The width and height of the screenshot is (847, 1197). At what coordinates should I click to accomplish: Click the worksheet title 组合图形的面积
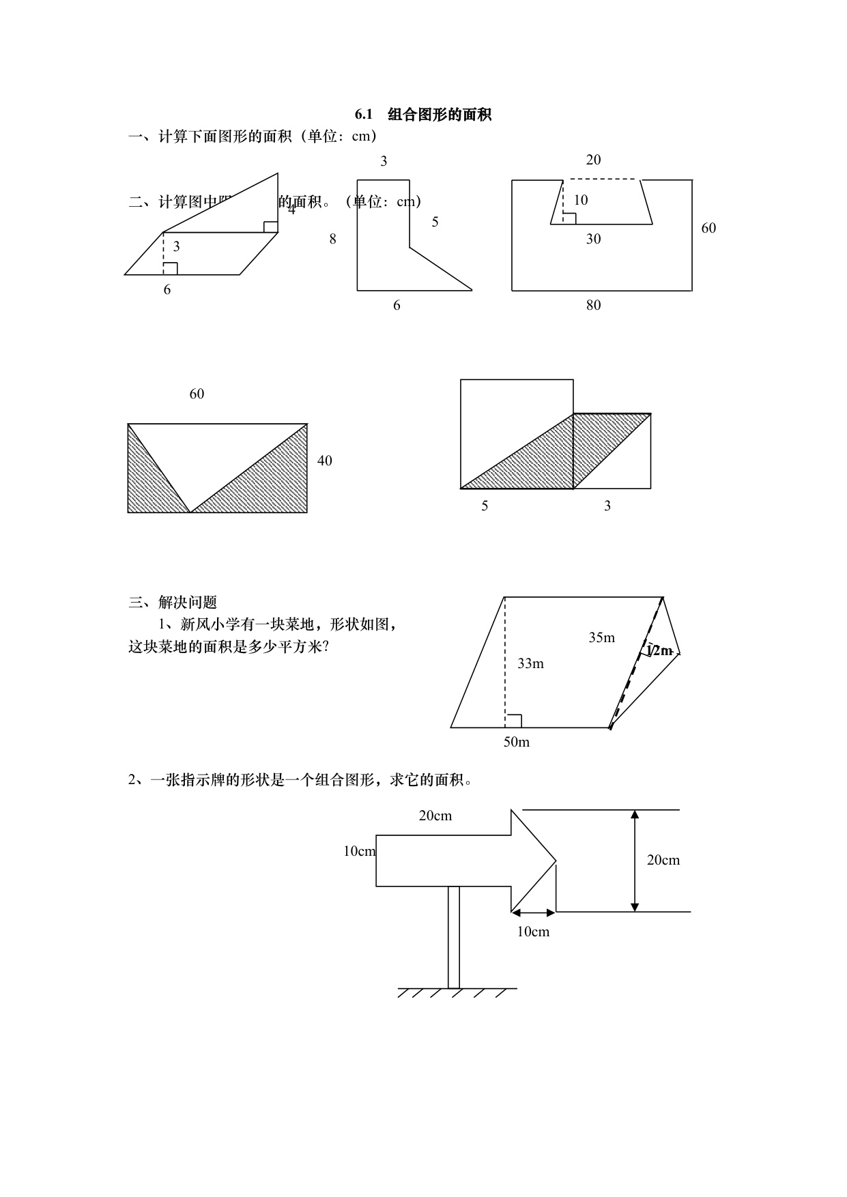pyautogui.click(x=440, y=115)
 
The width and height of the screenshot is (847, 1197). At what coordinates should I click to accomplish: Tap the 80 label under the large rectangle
pyautogui.click(x=593, y=305)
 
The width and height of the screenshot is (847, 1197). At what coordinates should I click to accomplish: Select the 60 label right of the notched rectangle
pyautogui.click(x=708, y=228)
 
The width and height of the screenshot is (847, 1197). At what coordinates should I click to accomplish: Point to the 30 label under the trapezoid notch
pyautogui.click(x=593, y=239)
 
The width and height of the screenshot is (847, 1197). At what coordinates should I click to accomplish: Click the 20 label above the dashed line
pyautogui.click(x=593, y=160)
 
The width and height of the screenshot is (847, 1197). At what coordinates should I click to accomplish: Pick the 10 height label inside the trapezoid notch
pyautogui.click(x=580, y=200)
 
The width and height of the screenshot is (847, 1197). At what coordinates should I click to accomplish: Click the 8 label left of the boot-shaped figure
pyautogui.click(x=332, y=239)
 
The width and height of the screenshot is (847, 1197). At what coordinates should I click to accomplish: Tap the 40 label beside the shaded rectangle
pyautogui.click(x=325, y=461)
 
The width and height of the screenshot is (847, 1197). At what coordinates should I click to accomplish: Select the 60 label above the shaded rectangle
pyautogui.click(x=197, y=394)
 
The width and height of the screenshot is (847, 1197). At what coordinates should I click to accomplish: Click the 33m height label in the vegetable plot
pyautogui.click(x=530, y=663)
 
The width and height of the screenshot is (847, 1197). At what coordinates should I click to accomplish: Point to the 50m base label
pyautogui.click(x=517, y=742)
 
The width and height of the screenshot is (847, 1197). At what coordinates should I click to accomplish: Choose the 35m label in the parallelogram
pyautogui.click(x=602, y=637)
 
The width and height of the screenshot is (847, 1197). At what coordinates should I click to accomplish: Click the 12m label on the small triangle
pyautogui.click(x=659, y=650)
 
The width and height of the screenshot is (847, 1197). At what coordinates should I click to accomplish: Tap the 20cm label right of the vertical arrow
pyautogui.click(x=663, y=860)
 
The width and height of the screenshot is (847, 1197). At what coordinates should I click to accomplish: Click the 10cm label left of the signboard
pyautogui.click(x=359, y=851)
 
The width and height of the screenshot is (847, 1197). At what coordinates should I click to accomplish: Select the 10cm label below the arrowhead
pyautogui.click(x=533, y=932)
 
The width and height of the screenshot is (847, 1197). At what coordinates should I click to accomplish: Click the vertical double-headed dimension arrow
pyautogui.click(x=635, y=861)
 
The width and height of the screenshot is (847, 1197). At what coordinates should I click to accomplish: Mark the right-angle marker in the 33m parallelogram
pyautogui.click(x=514, y=721)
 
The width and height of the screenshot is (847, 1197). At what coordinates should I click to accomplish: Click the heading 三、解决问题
pyautogui.click(x=173, y=602)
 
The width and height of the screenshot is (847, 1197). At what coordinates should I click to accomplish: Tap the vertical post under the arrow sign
pyautogui.click(x=454, y=936)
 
